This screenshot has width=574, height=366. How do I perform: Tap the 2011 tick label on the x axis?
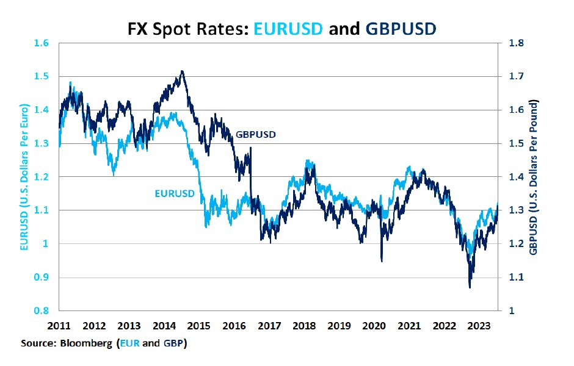(60, 325)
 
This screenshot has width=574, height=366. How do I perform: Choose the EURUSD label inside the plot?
(174, 194)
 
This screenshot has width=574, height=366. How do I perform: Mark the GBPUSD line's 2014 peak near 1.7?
(183, 71)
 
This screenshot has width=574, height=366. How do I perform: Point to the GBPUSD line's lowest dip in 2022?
(469, 287)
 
